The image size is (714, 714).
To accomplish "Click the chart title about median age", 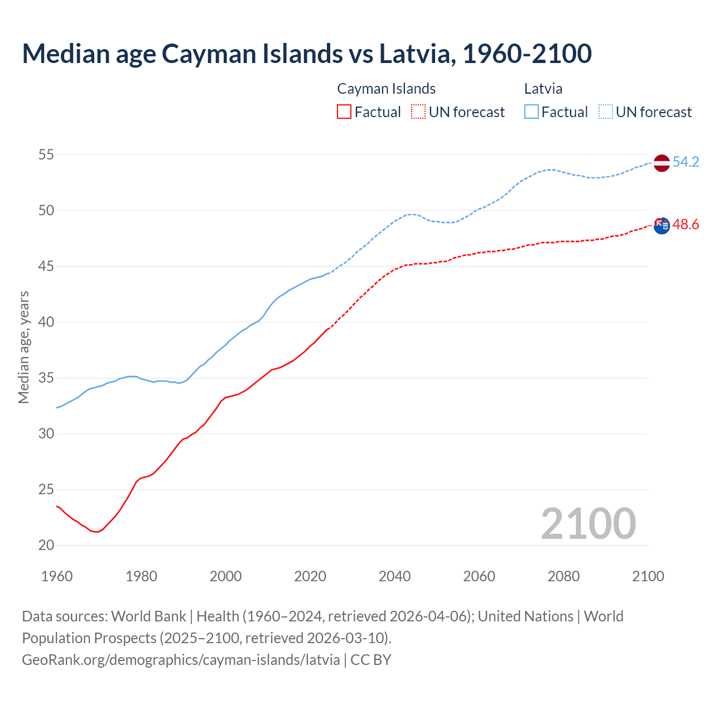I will [306, 54].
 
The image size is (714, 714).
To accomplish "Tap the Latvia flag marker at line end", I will [662, 163].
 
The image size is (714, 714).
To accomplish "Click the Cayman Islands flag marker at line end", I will [662, 226].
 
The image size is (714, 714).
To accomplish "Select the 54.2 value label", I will [686, 162].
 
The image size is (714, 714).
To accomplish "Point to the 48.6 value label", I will [686, 225].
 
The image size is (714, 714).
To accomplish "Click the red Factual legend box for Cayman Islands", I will [344, 112].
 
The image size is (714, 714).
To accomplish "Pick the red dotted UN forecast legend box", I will [418, 112].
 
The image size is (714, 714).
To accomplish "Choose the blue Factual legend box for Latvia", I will [532, 112].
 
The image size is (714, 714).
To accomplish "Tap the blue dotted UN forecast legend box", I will [606, 112].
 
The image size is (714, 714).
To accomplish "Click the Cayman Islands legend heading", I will [386, 89].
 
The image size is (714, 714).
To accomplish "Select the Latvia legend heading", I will [543, 89].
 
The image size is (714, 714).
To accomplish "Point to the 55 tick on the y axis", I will [46, 155].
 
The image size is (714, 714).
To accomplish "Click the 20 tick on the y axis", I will [46, 546].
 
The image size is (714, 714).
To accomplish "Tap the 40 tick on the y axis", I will [46, 322].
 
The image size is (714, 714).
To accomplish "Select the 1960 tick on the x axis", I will [57, 576].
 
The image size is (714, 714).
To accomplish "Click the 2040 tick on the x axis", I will [394, 576].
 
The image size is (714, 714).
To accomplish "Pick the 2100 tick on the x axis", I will [648, 576].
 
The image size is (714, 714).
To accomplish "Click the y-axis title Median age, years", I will [23, 347].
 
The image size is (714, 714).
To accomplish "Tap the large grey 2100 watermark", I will [588, 524].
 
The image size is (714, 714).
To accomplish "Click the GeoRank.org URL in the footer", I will [181, 660].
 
